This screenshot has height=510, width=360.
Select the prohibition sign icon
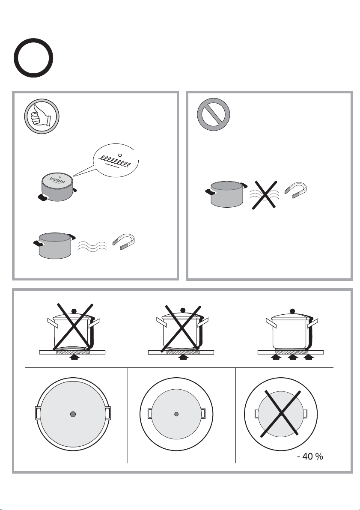tap(213, 114)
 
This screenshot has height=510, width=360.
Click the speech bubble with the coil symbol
tap(116, 161)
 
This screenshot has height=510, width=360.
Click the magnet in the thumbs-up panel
tap(124, 242)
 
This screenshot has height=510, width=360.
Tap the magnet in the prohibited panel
tap(296, 191)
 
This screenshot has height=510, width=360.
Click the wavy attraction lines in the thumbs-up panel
tap(93, 247)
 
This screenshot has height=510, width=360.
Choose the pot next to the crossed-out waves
tap(226, 194)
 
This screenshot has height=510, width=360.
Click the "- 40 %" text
tap(310, 456)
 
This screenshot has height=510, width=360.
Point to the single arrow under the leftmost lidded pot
tap(74, 358)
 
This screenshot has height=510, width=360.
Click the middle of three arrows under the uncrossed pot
tap(292, 358)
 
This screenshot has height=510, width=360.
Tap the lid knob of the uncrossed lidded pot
tap(292, 310)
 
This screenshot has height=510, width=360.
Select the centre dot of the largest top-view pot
tap(73, 414)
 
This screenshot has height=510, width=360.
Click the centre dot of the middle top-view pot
tap(176, 414)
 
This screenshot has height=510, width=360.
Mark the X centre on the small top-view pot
tap(281, 414)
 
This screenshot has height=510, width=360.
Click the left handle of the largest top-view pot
tap(37, 414)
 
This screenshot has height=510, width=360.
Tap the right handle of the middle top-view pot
tap(203, 414)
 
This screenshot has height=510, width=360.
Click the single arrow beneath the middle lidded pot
tap(183, 358)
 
